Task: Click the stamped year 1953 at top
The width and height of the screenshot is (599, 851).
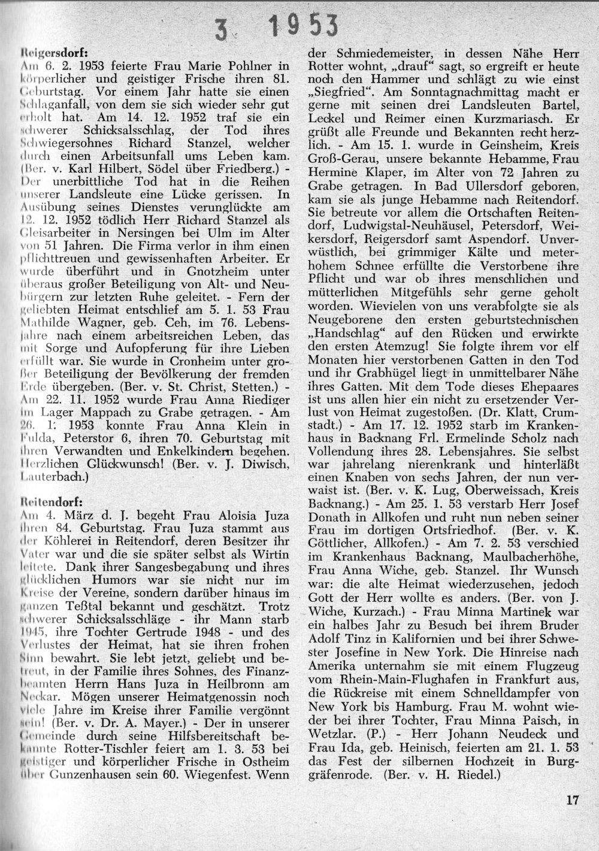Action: [x=304, y=25]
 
